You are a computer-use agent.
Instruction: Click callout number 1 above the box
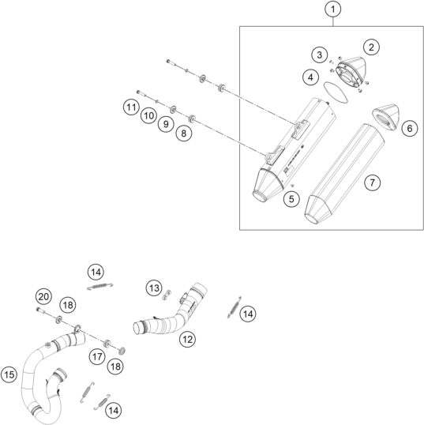(332, 9)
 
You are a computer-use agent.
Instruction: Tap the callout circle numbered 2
(371, 47)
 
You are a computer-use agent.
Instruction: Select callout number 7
(372, 182)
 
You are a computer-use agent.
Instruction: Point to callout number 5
(291, 199)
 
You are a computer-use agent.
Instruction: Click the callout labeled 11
(131, 107)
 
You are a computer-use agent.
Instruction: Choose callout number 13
(154, 288)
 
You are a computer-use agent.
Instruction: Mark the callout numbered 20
(43, 297)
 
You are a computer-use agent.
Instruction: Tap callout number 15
(9, 375)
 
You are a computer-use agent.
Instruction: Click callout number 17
(97, 357)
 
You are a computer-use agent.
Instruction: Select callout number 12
(187, 339)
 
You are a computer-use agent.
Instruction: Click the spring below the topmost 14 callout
(99, 286)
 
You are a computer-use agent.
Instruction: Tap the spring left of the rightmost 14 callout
(234, 307)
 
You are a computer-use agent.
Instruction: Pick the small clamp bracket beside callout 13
(167, 295)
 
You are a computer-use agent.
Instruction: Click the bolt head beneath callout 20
(38, 309)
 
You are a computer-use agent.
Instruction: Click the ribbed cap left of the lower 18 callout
(122, 351)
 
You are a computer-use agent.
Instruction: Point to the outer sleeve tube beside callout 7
(344, 174)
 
